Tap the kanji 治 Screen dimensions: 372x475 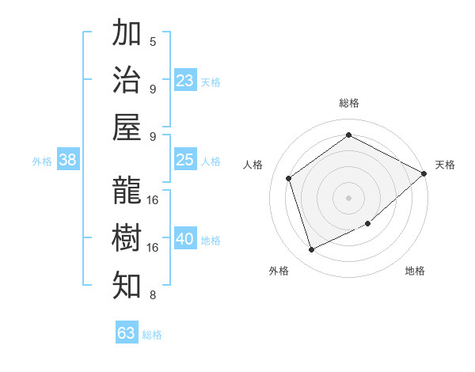tap(127, 80)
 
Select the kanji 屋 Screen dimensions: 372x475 tap(127, 127)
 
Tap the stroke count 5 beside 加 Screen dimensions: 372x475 tap(153, 42)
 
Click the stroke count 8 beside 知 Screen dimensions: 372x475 tap(153, 295)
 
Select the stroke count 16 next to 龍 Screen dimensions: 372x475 tap(153, 199)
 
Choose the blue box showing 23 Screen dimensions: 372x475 tap(185, 80)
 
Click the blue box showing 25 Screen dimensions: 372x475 tap(185, 160)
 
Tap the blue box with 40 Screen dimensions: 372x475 tap(185, 239)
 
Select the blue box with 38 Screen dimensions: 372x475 tap(67, 160)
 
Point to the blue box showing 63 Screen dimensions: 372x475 tap(127, 333)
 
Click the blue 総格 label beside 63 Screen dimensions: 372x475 tap(152, 335)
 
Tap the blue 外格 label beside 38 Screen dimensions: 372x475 tap(42, 161)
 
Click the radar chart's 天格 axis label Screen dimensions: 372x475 tap(445, 165)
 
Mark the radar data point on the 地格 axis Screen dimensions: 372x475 tap(368, 224)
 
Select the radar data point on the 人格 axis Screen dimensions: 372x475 tap(288, 178)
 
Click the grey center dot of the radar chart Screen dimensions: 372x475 tap(348, 197)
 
